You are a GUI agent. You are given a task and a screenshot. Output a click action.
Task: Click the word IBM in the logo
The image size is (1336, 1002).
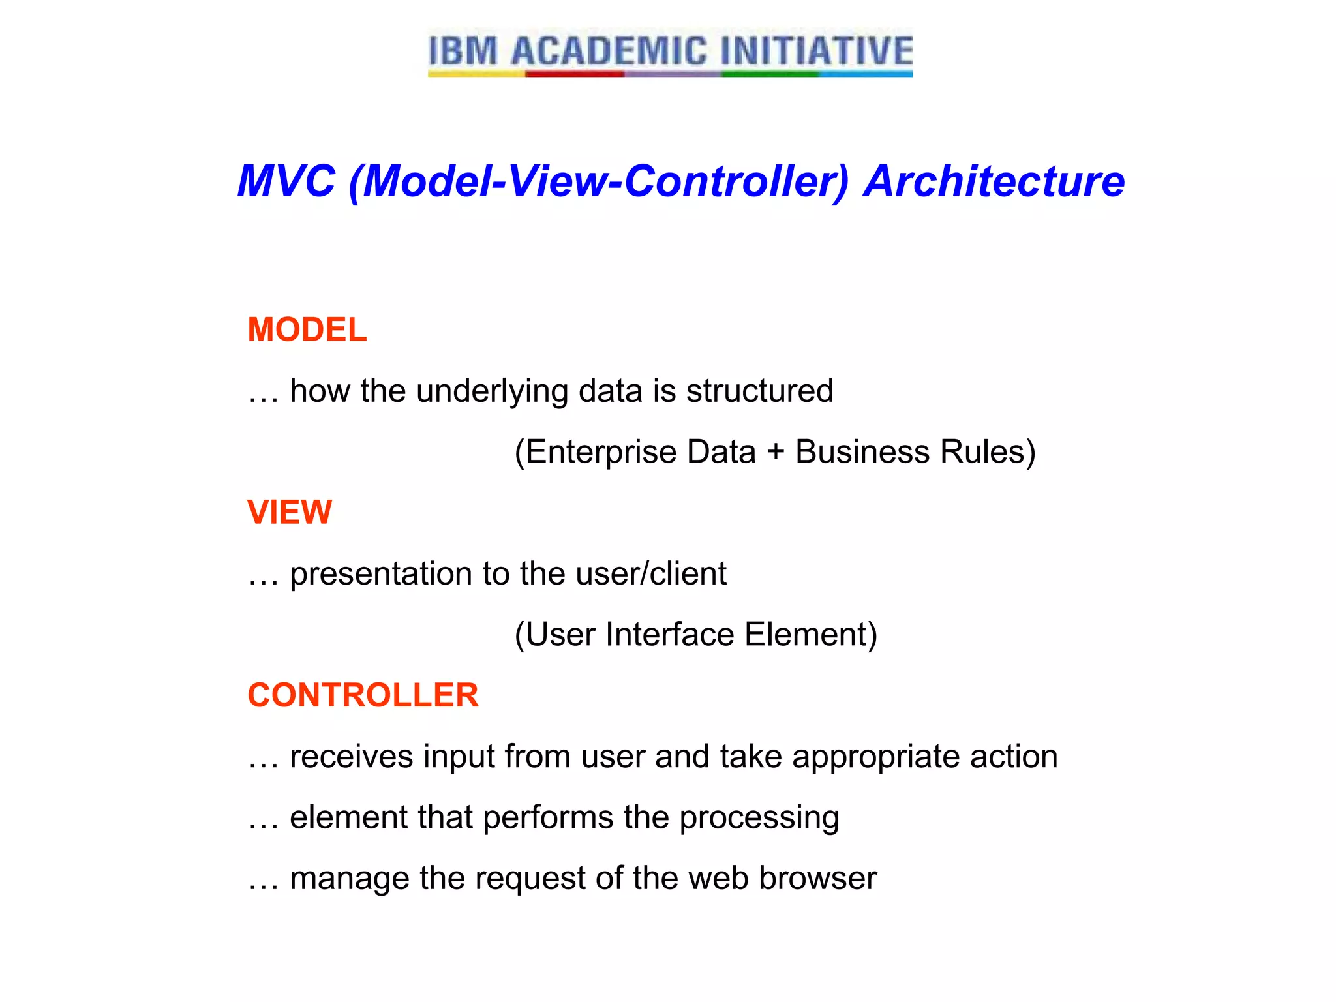(x=463, y=51)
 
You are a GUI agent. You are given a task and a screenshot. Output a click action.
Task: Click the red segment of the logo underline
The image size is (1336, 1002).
(x=574, y=74)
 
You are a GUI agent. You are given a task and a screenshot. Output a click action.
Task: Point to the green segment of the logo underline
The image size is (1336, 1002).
(x=770, y=74)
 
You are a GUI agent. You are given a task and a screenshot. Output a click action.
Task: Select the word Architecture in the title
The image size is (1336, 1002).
(x=994, y=181)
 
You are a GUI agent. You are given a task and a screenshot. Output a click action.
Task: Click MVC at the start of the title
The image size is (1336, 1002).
(x=286, y=181)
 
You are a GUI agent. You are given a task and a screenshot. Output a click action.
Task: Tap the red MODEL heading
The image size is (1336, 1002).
(x=307, y=329)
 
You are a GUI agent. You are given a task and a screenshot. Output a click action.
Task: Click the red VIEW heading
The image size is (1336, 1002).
(x=290, y=512)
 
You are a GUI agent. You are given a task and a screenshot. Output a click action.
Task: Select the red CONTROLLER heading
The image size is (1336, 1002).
(x=363, y=695)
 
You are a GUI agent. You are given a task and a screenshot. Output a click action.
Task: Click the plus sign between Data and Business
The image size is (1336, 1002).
(x=775, y=452)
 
